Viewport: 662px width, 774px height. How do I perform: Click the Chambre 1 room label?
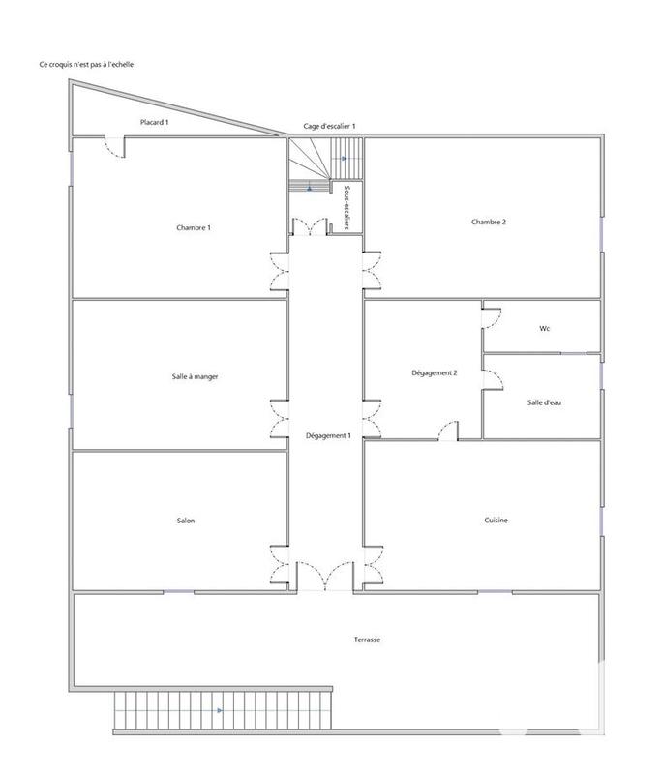[x=194, y=227]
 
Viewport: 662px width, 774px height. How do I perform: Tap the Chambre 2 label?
[x=489, y=222]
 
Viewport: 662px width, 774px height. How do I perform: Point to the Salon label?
[x=186, y=521]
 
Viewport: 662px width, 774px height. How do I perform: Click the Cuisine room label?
[x=496, y=521]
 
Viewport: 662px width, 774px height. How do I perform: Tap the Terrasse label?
[x=366, y=640]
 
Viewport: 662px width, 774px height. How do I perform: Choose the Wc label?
[x=545, y=329]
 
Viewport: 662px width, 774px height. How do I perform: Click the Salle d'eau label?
[x=544, y=402]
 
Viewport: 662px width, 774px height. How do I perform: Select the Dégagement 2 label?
[x=435, y=372]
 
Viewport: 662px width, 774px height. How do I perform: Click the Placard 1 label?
[x=155, y=123]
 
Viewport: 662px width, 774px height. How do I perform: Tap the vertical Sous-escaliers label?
[x=346, y=204]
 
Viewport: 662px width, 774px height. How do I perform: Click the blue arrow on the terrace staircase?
[x=221, y=710]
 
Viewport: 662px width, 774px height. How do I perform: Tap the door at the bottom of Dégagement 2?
[x=447, y=431]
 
